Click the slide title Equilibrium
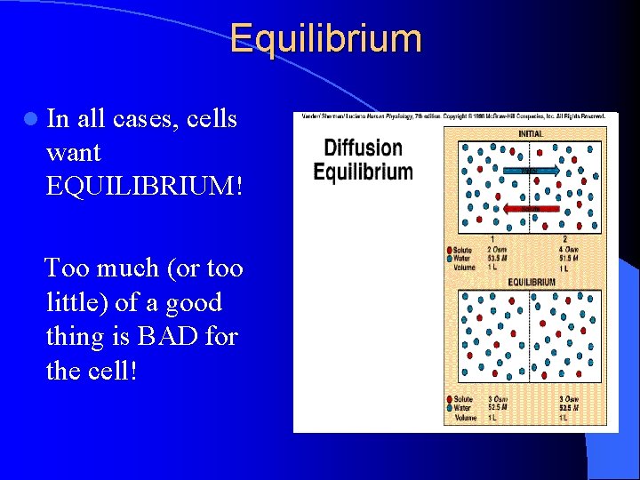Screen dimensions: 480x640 [x=325, y=39]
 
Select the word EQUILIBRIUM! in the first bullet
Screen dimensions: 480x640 [x=140, y=186]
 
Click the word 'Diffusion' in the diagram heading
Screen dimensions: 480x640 [x=363, y=148]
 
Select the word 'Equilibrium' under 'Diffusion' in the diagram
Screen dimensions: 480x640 [x=363, y=172]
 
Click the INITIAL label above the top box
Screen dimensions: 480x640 [x=531, y=134]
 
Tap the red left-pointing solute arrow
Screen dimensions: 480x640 [x=530, y=209]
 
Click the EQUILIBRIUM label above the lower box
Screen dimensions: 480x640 [x=532, y=283]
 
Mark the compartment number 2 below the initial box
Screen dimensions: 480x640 [x=564, y=239]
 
